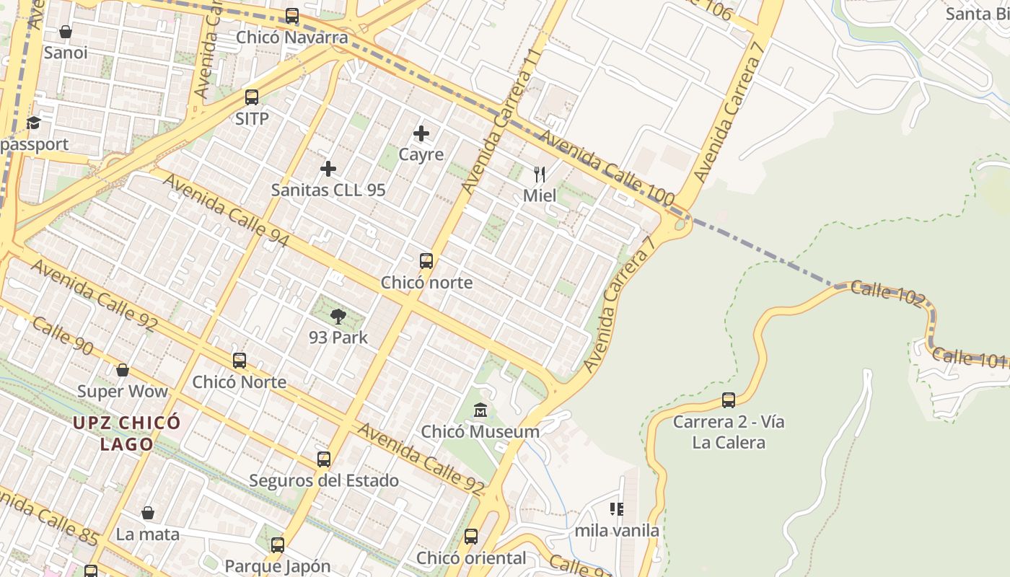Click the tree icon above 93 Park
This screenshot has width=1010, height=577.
point(338,316)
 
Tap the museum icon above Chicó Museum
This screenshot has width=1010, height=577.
point(480,410)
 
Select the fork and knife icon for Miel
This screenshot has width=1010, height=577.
point(539,174)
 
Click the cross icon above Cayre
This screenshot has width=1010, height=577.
point(421,133)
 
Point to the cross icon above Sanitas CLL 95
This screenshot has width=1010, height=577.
point(328,169)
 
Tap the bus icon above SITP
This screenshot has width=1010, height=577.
point(252,97)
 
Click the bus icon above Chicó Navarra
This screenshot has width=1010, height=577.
point(292,15)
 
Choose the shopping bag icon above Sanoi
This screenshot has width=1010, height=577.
point(66,32)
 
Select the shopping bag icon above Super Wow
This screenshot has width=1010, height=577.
point(123,370)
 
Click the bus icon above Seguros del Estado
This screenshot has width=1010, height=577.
point(324,459)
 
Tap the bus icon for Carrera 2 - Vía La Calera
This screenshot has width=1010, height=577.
point(729,400)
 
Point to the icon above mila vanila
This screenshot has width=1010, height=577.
point(617,509)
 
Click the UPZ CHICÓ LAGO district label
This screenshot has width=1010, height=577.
point(126,433)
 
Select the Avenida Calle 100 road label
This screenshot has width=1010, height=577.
point(607,167)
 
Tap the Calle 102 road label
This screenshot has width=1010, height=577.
point(887,294)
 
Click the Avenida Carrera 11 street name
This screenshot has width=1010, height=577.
point(502,121)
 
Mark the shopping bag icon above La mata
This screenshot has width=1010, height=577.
point(148,513)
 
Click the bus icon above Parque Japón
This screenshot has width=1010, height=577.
point(278,545)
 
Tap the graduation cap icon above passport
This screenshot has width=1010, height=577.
point(34,123)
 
